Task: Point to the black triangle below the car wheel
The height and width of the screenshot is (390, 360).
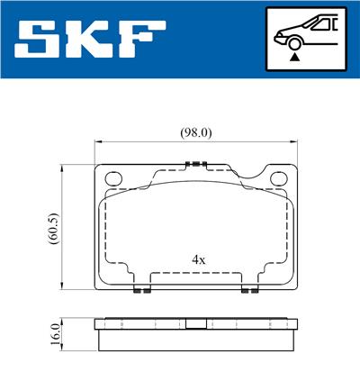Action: pos(295,56)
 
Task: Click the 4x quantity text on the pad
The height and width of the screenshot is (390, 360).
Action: pos(199,259)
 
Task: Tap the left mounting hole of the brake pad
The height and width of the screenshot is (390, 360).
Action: pos(114,178)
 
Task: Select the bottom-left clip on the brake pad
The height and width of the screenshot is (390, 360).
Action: pos(139,290)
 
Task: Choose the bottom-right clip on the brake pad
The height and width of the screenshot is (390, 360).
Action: pos(247,290)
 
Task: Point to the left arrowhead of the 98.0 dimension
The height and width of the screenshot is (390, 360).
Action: pos(98,141)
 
